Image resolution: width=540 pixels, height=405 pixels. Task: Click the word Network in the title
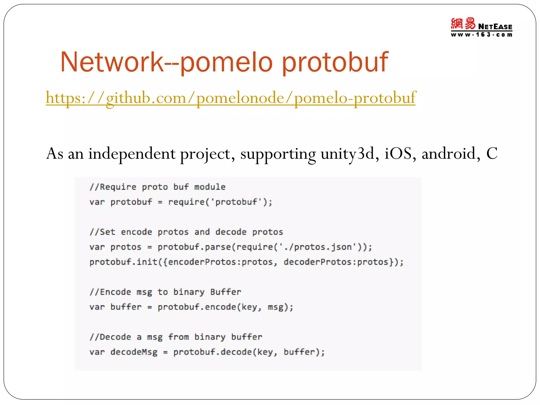pyautogui.click(x=112, y=62)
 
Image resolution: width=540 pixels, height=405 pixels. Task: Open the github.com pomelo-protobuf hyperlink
pyautogui.click(x=230, y=98)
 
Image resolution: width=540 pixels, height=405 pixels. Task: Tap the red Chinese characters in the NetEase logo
pyautogui.click(x=463, y=24)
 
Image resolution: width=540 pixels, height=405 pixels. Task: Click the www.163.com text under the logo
pyautogui.click(x=481, y=35)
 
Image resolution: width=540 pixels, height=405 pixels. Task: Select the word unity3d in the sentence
pyautogui.click(x=347, y=153)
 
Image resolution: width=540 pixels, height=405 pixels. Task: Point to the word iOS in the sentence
pyautogui.click(x=398, y=153)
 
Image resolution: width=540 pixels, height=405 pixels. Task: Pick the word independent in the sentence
pyautogui.click(x=132, y=153)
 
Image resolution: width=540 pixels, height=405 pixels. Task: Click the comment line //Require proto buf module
pyautogui.click(x=157, y=187)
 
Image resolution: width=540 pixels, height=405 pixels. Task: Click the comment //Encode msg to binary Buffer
pyautogui.click(x=165, y=292)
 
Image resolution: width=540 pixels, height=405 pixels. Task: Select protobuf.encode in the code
pyautogui.click(x=197, y=307)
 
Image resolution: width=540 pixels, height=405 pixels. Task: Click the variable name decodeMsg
pyautogui.click(x=134, y=352)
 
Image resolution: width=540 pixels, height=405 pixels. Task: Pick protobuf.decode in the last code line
pyautogui.click(x=213, y=352)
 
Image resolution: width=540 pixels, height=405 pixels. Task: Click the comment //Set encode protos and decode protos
pyautogui.click(x=186, y=232)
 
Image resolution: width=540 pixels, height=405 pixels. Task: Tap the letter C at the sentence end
pyautogui.click(x=491, y=153)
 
